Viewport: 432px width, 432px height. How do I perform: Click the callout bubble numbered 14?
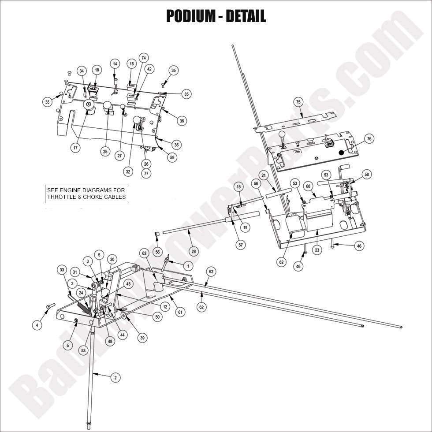pyautogui.click(x=115, y=63)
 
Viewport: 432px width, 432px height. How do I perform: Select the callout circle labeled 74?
pyautogui.click(x=143, y=58)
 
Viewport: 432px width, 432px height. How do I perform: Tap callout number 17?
pyautogui.click(x=75, y=148)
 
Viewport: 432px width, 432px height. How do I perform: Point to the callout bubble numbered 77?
pyautogui.click(x=146, y=174)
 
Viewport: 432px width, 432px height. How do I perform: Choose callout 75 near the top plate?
pyautogui.click(x=298, y=102)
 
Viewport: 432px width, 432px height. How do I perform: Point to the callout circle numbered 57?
pyautogui.click(x=241, y=244)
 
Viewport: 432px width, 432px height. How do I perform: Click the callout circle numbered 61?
pyautogui.click(x=180, y=312)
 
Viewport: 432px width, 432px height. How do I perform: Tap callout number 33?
pyautogui.click(x=62, y=269)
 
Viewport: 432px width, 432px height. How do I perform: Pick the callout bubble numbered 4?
pyautogui.click(x=37, y=325)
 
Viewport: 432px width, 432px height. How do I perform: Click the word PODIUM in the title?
pyautogui.click(x=192, y=16)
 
